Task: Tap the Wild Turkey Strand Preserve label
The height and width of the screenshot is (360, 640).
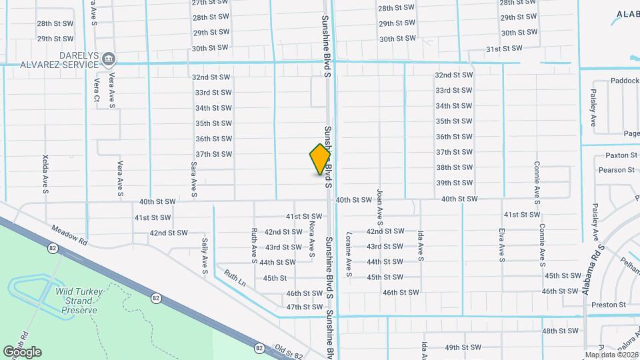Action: (76, 301)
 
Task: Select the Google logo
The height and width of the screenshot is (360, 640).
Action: (22, 352)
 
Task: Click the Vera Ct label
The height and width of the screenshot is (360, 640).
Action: (97, 91)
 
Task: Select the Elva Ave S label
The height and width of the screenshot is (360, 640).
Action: (501, 245)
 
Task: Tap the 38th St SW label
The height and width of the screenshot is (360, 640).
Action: (455, 167)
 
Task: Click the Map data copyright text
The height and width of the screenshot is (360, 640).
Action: (611, 355)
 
